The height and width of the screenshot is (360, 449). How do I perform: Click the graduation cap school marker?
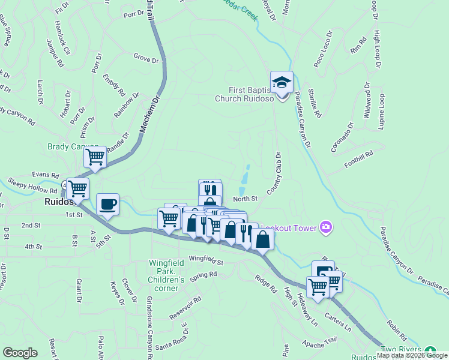[282, 82]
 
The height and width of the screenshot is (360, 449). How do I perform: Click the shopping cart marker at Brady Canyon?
[95, 157]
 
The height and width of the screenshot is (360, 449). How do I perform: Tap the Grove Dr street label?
[146, 60]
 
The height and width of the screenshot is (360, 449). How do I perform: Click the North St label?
[245, 199]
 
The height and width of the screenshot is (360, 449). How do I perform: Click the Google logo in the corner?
[20, 353]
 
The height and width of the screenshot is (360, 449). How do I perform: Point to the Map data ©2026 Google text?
[412, 355]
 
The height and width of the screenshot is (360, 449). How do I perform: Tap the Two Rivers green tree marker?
[430, 350]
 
